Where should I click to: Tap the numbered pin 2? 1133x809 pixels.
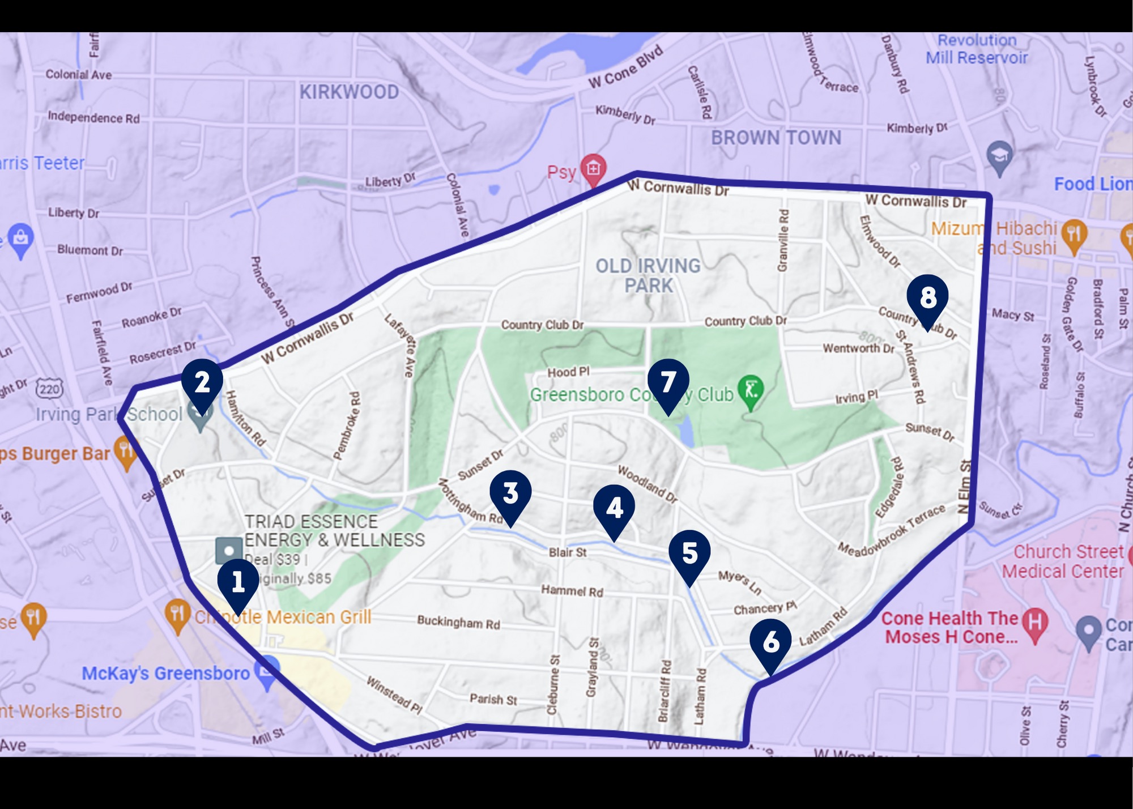tap(202, 383)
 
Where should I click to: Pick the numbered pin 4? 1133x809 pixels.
tap(614, 508)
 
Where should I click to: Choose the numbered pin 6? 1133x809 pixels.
tap(770, 642)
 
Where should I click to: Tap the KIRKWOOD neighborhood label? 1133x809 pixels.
tap(349, 92)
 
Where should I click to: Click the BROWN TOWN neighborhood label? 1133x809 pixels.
tap(776, 138)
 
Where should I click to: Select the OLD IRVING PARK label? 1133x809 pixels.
tap(648, 275)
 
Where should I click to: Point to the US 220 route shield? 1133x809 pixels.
tap(49, 389)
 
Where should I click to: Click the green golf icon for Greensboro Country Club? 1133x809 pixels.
tap(751, 391)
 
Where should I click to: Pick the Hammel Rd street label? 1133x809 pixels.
tap(572, 591)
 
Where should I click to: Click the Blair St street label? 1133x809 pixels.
tap(568, 552)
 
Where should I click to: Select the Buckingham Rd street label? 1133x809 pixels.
tap(458, 622)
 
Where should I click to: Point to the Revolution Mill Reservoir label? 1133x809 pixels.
tap(977, 49)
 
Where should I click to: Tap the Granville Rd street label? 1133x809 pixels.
tap(783, 240)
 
